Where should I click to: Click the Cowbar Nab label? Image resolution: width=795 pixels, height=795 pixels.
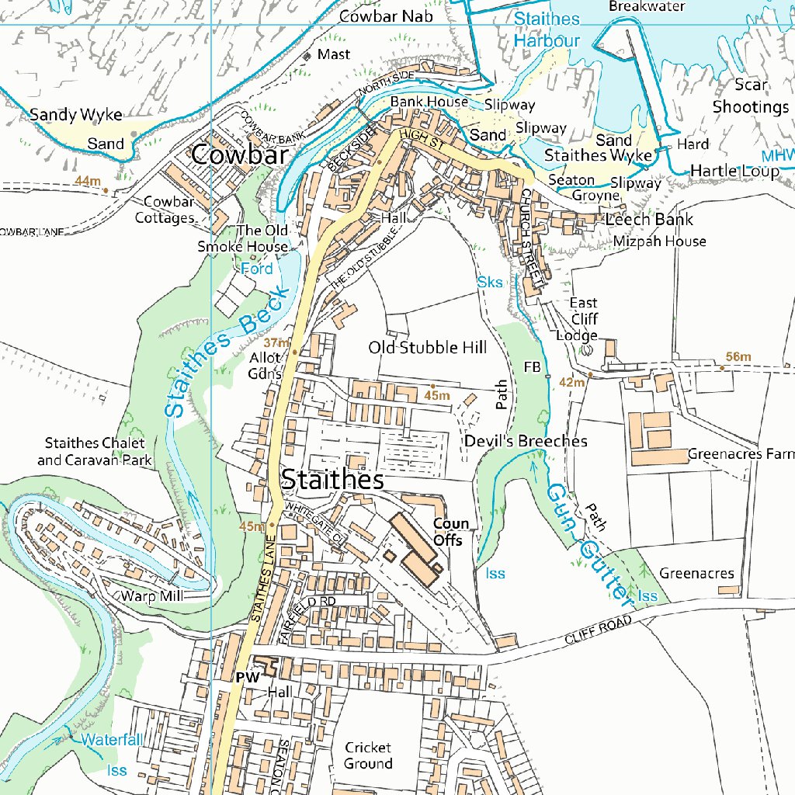coord(380,16)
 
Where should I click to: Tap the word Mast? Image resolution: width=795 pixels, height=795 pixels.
coord(334,54)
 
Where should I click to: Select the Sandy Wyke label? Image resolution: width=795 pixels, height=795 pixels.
coord(75,115)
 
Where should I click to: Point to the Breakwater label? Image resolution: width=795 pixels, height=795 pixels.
coord(647,6)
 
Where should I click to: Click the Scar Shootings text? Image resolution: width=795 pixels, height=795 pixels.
coord(750,95)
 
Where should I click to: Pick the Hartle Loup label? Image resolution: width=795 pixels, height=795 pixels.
coord(734,171)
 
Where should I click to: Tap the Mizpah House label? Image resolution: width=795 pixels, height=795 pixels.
coord(659,241)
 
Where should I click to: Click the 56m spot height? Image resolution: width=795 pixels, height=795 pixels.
coord(738,356)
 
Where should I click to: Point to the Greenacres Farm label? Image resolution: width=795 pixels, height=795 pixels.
coord(741,454)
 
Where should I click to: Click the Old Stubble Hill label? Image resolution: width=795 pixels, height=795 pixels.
coord(427,347)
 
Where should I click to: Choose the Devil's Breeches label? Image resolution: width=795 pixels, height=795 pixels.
coord(526,441)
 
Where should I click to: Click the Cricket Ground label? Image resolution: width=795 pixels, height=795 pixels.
coord(368,755)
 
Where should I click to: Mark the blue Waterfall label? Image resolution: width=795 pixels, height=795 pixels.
coord(113,739)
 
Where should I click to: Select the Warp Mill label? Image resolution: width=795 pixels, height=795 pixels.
coord(151,596)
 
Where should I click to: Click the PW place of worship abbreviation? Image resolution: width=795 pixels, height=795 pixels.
coord(247,677)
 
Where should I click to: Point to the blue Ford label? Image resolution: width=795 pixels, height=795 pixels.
coord(256,269)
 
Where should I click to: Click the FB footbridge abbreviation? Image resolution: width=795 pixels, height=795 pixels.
coord(532,366)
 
